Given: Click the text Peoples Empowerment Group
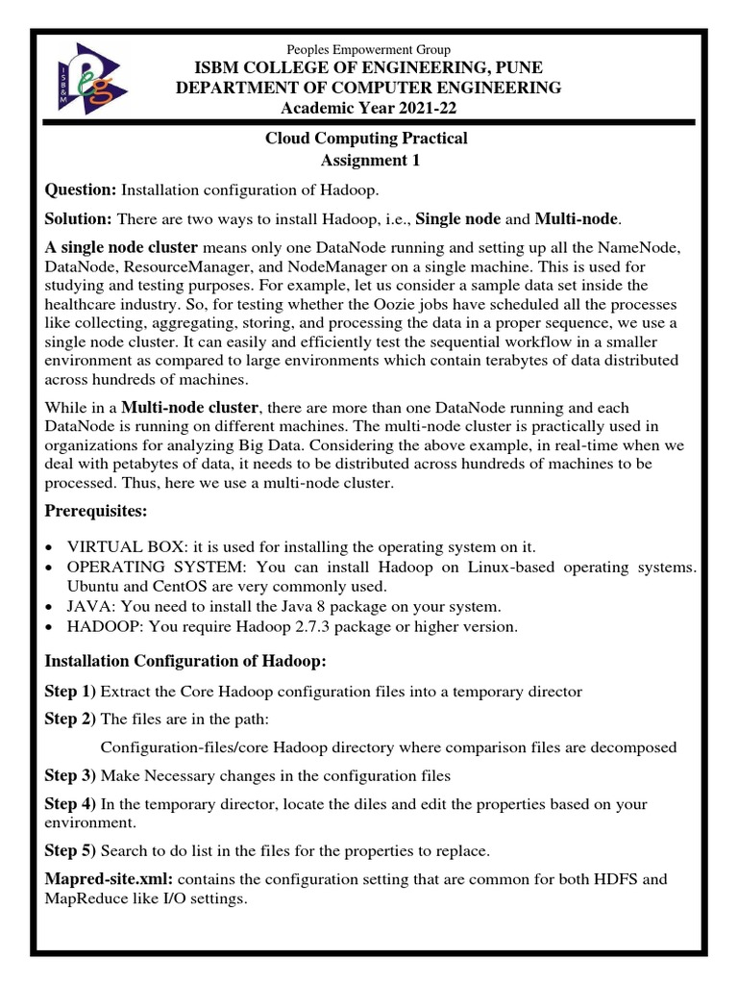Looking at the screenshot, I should coord(369,49).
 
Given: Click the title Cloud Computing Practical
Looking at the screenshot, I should coord(366,139).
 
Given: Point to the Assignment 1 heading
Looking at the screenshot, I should coord(366,160).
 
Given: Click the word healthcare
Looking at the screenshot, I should coord(80,305).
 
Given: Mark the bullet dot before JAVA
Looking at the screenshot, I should coord(50,607).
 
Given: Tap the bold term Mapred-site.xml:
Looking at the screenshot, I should coord(109,879).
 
